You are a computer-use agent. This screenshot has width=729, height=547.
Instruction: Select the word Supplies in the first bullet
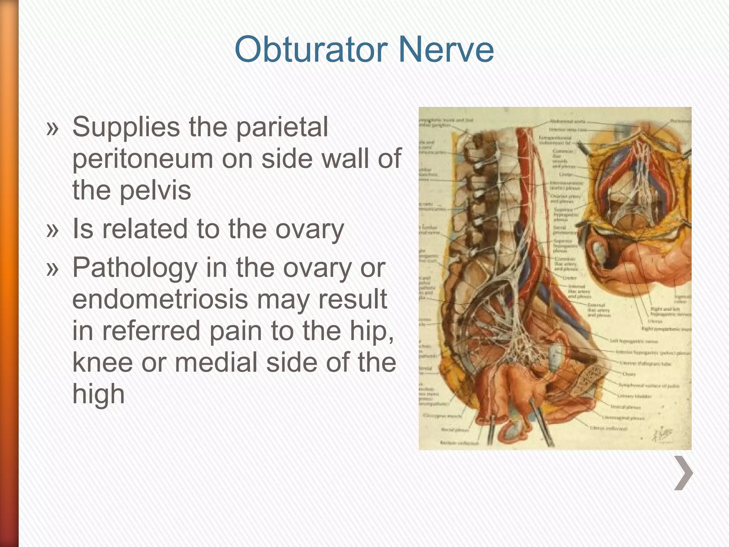(x=126, y=127)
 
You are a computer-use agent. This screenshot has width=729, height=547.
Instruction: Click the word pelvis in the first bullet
(x=155, y=190)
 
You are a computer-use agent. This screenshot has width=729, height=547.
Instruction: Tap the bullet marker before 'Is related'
(x=52, y=230)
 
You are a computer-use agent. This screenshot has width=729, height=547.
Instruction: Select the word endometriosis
(x=160, y=299)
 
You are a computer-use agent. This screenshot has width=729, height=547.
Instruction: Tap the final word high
(x=98, y=394)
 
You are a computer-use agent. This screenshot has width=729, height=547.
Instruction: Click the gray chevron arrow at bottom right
(x=683, y=473)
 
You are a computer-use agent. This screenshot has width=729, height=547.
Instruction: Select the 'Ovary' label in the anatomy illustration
(x=629, y=374)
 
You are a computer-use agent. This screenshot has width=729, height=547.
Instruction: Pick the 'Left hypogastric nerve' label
(x=634, y=341)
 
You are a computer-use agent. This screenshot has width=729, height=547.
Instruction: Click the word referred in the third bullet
(x=151, y=331)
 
